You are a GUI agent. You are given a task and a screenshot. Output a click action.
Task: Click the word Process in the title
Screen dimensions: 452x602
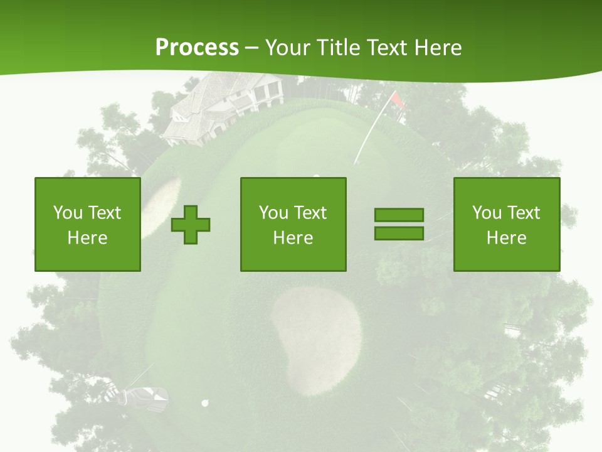pos(197,48)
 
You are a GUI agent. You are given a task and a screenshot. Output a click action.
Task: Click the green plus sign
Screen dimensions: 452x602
pos(191,224)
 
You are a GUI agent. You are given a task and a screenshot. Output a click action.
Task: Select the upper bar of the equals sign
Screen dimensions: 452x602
pos(399,215)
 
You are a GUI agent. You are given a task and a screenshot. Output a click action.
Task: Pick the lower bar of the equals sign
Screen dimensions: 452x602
pos(399,233)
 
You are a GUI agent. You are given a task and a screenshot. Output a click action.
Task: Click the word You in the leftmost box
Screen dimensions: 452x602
pos(68,213)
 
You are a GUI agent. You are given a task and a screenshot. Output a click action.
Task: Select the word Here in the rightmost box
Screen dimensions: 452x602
pos(506,238)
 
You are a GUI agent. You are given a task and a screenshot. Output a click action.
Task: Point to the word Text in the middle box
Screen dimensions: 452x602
pos(310,213)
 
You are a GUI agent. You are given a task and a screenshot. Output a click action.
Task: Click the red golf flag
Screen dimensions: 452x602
pos(398,99)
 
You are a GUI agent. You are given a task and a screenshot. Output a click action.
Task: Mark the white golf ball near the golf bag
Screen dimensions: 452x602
pos(204,402)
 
